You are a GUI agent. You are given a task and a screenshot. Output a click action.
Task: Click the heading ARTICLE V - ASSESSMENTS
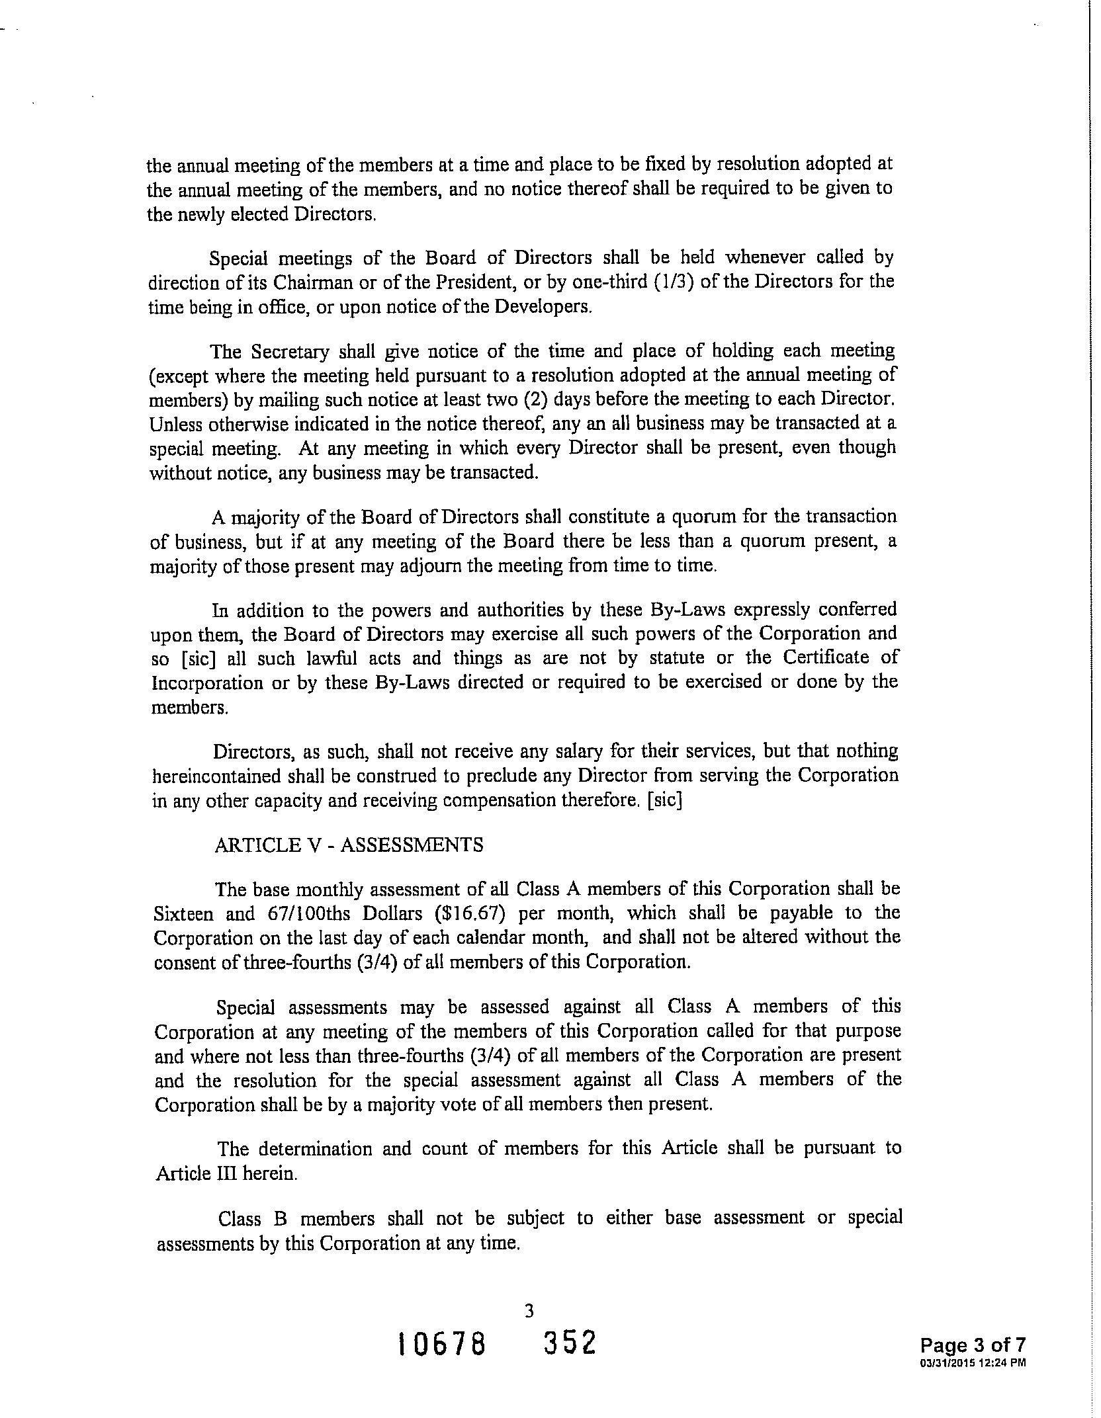(348, 845)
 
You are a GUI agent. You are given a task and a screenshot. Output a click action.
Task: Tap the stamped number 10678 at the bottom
(441, 1345)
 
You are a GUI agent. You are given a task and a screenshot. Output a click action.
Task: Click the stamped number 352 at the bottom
(570, 1343)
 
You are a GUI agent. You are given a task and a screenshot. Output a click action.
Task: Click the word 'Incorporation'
(206, 683)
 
